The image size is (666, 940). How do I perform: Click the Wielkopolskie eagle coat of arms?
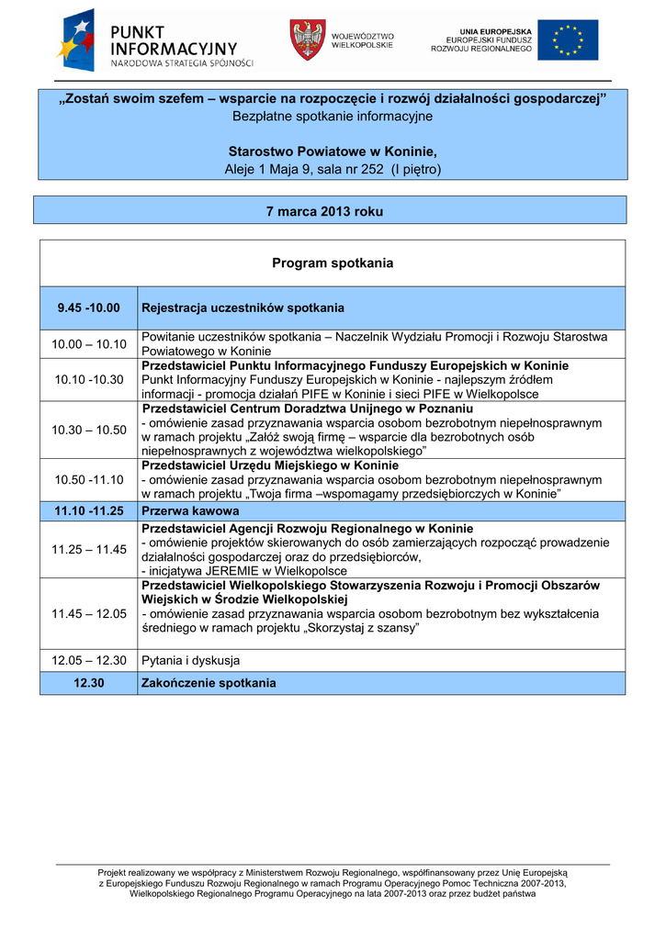coord(308,39)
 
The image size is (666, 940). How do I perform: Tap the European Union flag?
coord(567,40)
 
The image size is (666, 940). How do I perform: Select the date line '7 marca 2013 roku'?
coord(324,211)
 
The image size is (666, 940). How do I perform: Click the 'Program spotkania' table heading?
coord(333,263)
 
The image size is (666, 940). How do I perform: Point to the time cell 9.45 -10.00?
coord(88,308)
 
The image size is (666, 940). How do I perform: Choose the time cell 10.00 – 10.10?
coord(88,344)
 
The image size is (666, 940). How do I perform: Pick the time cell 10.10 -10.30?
coord(88,379)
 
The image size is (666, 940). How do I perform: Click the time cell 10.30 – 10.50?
coord(88,430)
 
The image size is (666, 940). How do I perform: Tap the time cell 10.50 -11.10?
coord(88,479)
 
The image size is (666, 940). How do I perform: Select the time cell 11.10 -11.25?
coord(88,510)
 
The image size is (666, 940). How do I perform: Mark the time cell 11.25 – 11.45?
coord(88,549)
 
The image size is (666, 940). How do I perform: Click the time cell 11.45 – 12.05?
coord(88,613)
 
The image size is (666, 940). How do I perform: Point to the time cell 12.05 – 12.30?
coord(88,660)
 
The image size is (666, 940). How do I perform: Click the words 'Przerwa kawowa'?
coord(190,510)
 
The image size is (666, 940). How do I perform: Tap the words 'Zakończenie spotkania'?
coord(208,683)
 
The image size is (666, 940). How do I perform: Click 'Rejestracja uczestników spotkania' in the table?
coord(243,308)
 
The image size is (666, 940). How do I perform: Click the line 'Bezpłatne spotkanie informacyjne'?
coord(333,117)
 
